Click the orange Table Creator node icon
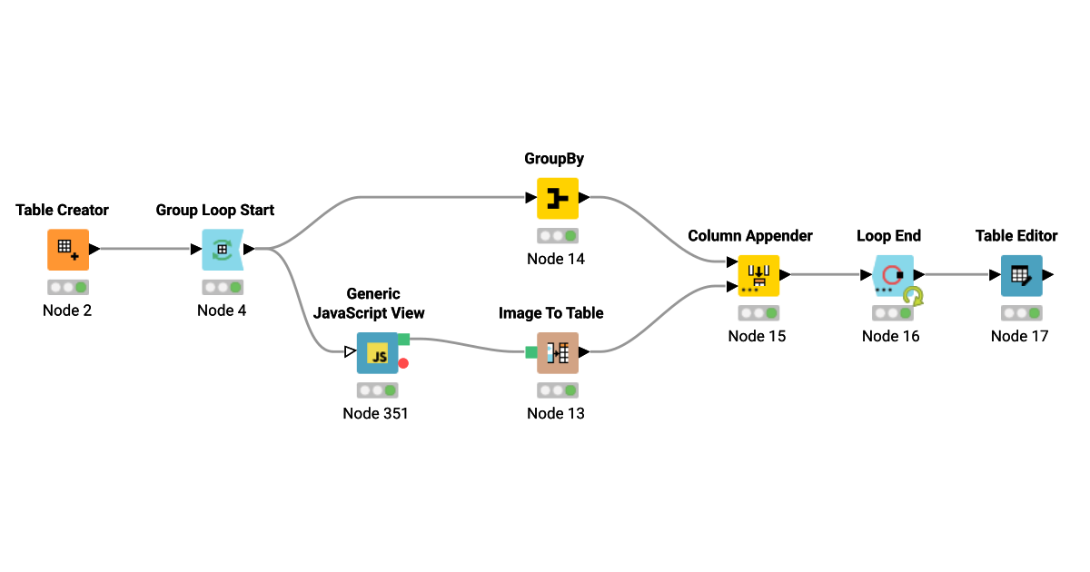click(68, 250)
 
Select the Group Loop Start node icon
click(222, 250)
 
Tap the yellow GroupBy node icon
click(557, 198)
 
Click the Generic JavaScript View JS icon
click(377, 353)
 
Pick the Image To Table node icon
click(557, 352)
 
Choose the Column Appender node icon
click(758, 275)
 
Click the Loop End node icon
click(894, 275)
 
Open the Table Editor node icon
click(1021, 275)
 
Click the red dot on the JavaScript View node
click(403, 363)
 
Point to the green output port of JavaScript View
click(403, 340)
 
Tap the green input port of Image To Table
click(531, 352)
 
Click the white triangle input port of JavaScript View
click(350, 352)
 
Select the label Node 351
click(375, 413)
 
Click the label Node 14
click(556, 259)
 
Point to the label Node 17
click(1019, 336)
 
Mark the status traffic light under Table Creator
click(68, 287)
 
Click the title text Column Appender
click(750, 236)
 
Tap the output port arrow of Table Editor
click(1048, 274)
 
